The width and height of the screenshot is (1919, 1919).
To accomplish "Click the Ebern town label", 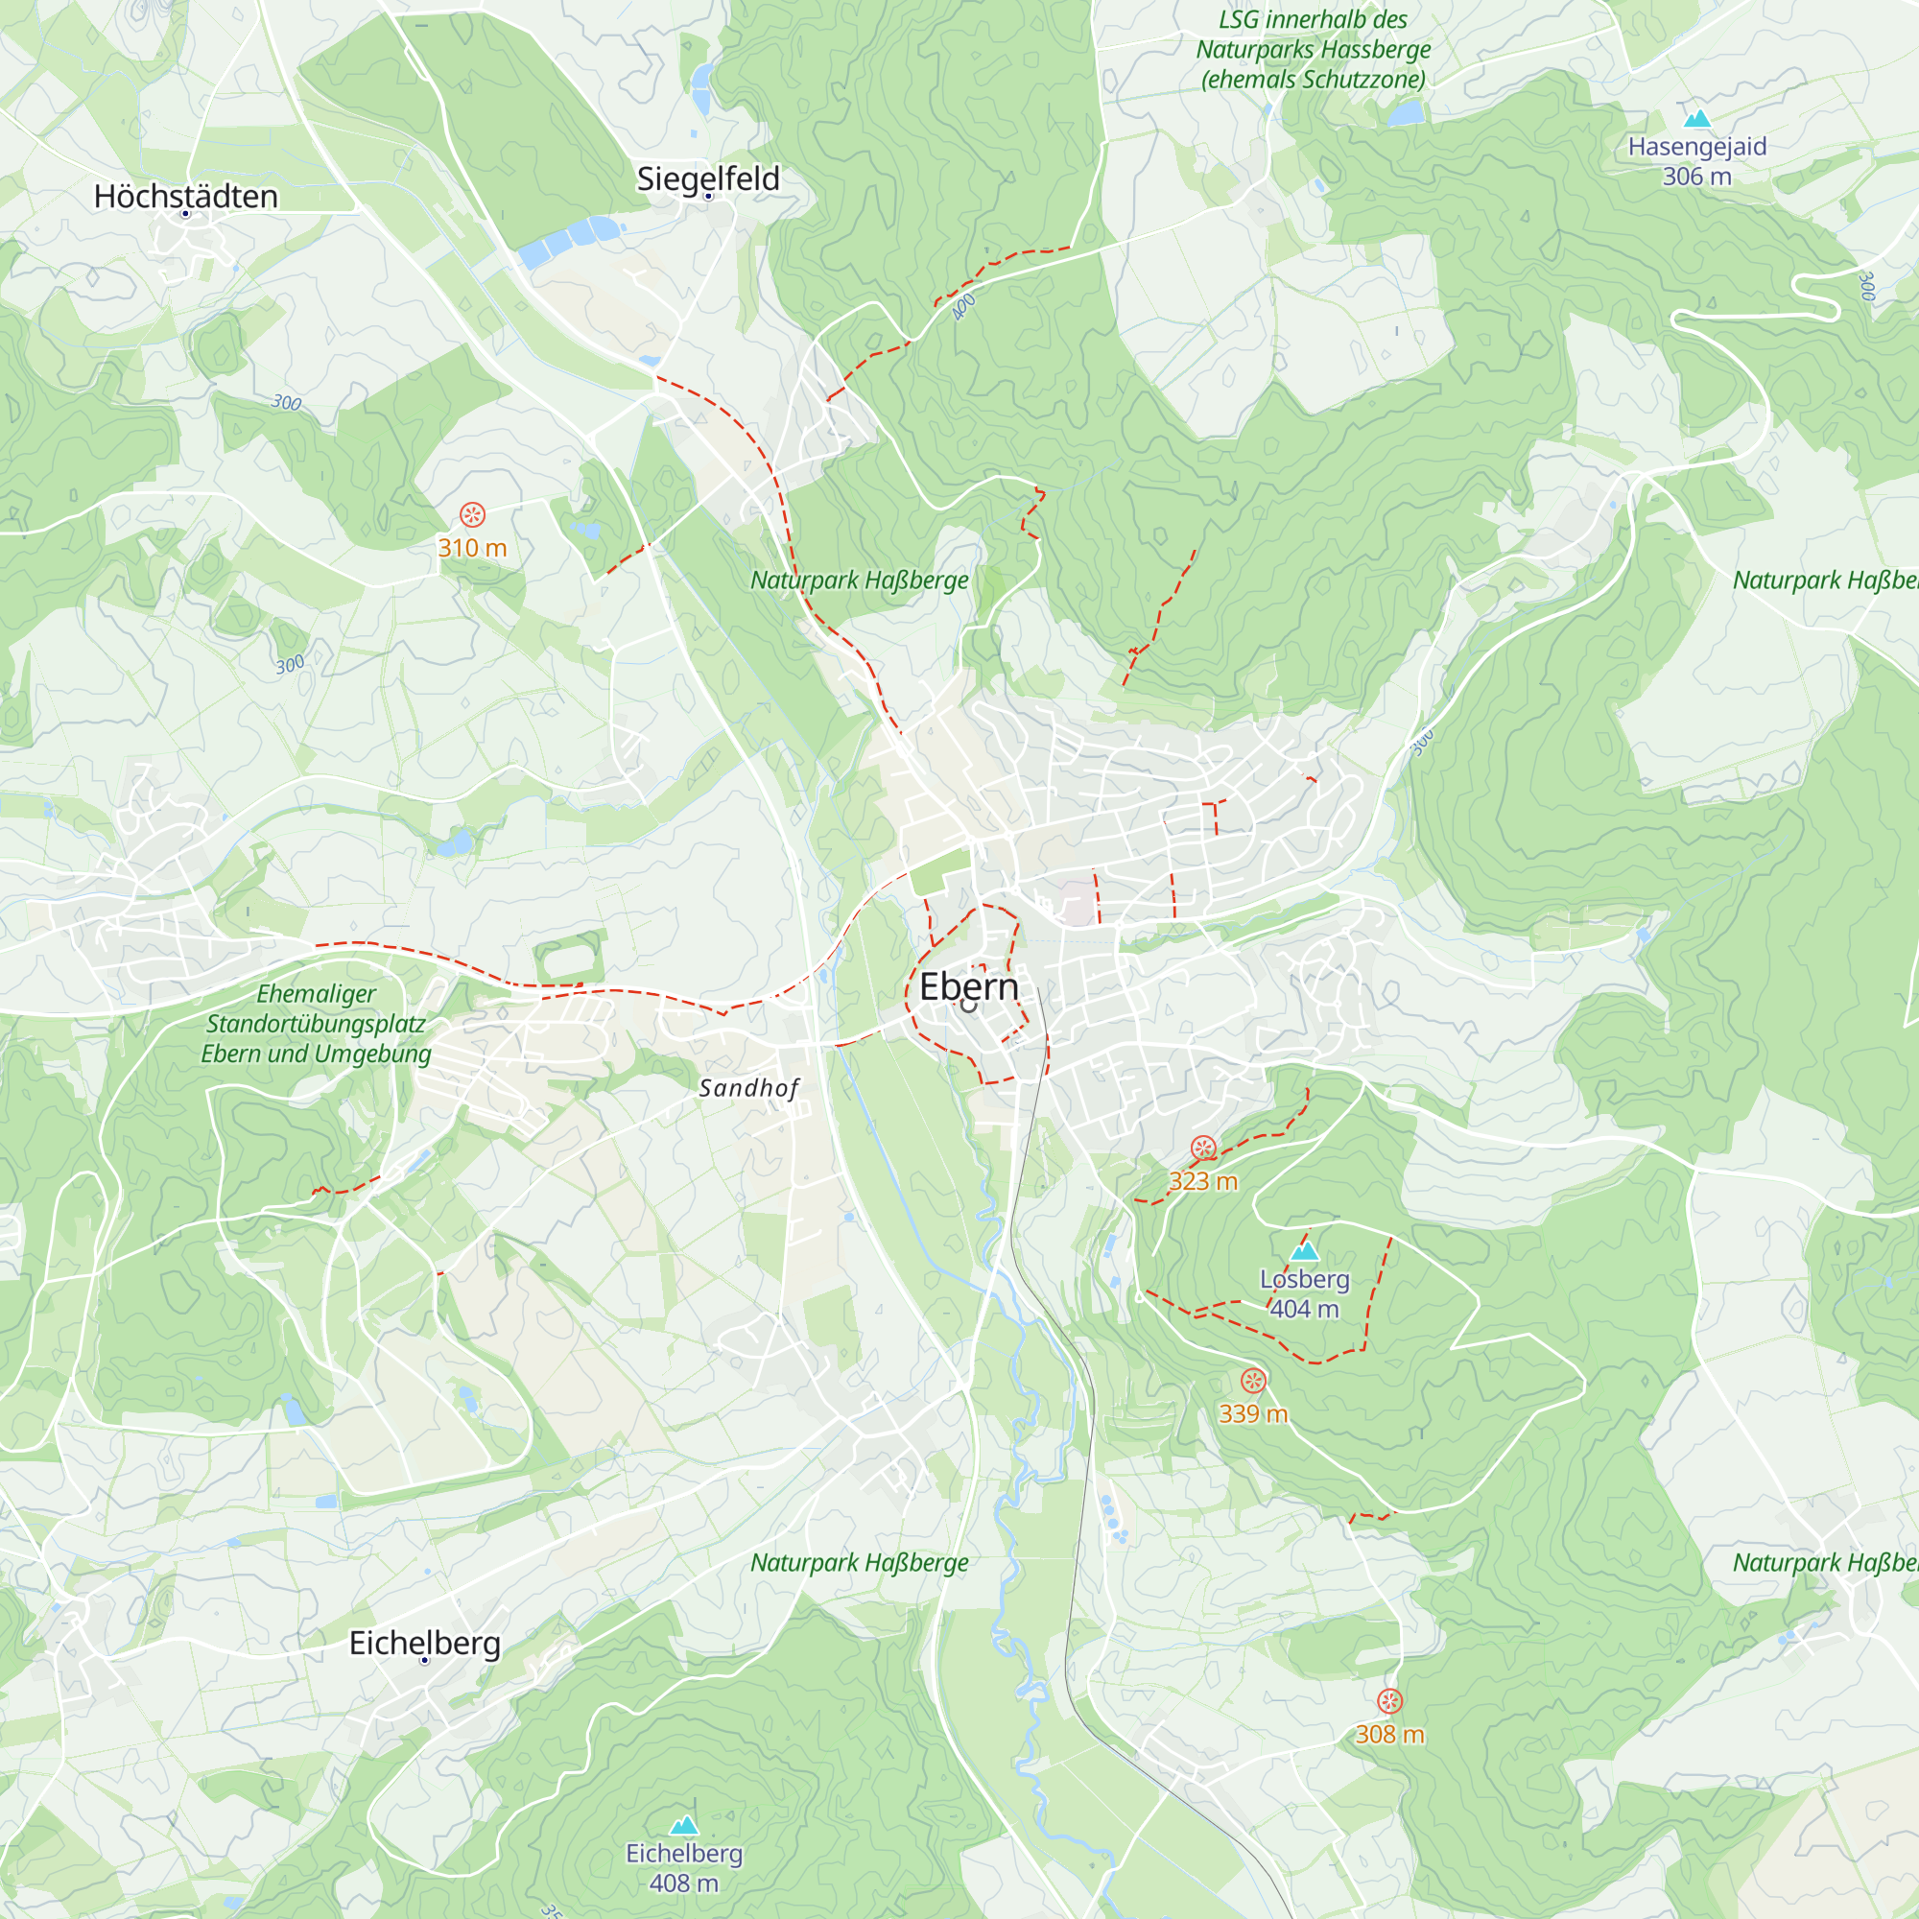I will (968, 986).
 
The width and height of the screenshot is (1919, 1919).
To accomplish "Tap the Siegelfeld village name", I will (707, 178).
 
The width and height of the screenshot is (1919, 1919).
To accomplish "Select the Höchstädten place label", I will (186, 197).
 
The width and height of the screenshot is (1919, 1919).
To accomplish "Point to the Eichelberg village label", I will (424, 1643).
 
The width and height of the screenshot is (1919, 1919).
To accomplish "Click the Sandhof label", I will (749, 1089).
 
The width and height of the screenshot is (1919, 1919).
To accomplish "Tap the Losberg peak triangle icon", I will (1304, 1250).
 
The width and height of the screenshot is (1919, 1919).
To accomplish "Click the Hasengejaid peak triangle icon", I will (1696, 119).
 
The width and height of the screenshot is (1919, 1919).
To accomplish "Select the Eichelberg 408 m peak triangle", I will (683, 1825).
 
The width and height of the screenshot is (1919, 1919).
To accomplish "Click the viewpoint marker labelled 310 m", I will (472, 514).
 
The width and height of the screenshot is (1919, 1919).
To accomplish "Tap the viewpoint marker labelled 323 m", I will (1203, 1149).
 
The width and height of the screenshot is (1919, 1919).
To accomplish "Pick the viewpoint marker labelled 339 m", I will (1252, 1381).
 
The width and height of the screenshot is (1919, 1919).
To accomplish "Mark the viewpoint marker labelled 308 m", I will (1389, 1701).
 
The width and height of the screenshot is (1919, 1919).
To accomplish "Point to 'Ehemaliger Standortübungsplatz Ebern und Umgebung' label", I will (316, 1023).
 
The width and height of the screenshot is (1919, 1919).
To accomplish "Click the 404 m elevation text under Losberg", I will (1304, 1309).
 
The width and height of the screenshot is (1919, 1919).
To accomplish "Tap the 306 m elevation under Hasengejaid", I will (1696, 177).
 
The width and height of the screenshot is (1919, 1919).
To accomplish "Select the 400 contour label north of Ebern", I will (962, 307).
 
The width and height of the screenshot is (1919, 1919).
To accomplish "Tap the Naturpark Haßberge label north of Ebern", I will (858, 580).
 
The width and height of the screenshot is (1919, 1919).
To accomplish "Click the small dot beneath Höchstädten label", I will (185, 214).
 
